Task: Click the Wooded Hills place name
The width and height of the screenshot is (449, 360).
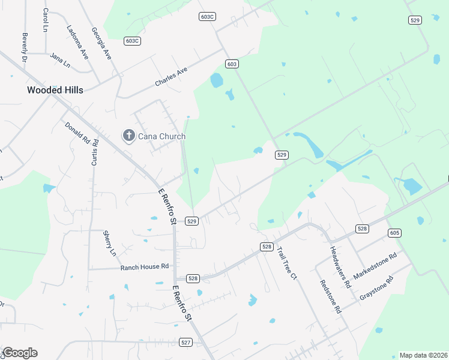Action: [x=55, y=90]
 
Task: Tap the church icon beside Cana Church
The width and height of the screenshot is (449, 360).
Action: [x=128, y=136]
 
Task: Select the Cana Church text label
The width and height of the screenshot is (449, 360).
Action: [x=161, y=136]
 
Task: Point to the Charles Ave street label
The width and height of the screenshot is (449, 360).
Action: [x=171, y=76]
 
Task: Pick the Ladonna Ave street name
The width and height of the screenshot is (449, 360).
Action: [x=78, y=41]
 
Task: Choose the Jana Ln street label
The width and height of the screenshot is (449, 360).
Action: [x=60, y=59]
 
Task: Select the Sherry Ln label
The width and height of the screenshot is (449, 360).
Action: [x=110, y=243]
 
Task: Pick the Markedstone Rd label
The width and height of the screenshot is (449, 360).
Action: [x=375, y=265]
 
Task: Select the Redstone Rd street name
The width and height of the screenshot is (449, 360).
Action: [x=331, y=297]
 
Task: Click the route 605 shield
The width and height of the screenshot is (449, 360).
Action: [x=394, y=233]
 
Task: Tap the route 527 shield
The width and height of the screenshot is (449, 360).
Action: [x=185, y=342]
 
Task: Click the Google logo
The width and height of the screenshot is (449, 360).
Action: [x=20, y=353]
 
